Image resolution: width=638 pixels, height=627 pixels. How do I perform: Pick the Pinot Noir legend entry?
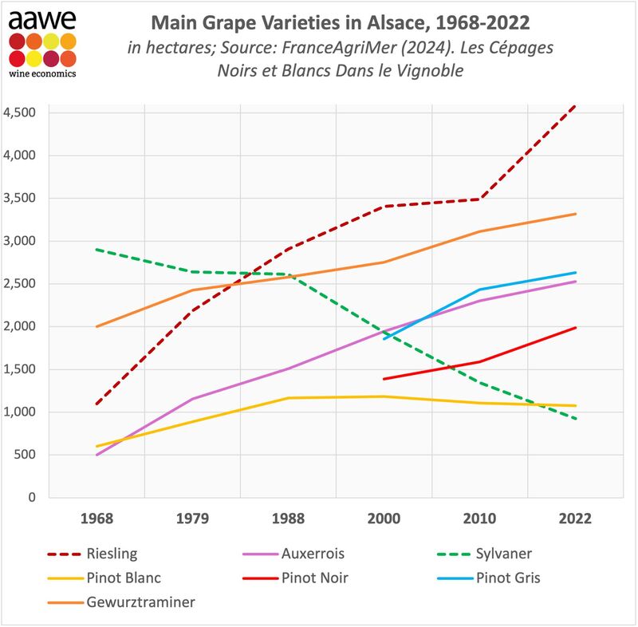315,578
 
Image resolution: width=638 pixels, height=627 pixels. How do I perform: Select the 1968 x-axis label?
96,519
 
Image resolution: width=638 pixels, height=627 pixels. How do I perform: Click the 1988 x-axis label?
288,519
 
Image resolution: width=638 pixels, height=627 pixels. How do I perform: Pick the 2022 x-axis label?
575,519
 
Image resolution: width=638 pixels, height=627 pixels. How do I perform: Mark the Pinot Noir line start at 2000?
384,379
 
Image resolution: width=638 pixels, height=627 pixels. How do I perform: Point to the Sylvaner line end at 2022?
575,419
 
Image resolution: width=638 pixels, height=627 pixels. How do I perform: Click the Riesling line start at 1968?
96,404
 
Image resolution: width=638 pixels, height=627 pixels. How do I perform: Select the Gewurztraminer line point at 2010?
479,231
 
